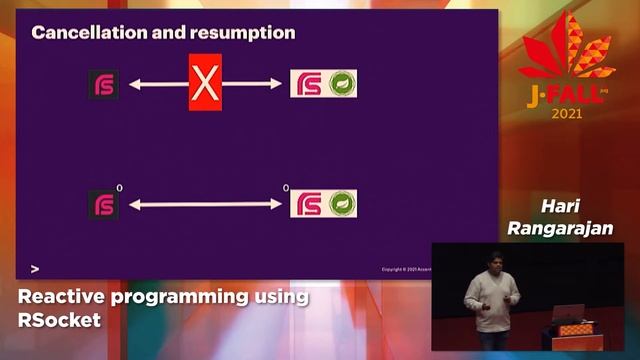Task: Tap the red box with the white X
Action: (x=205, y=84)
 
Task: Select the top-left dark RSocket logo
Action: (x=104, y=85)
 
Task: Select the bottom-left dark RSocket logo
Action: (x=104, y=204)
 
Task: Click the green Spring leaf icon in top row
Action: (x=343, y=84)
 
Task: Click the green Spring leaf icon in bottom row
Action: (x=343, y=204)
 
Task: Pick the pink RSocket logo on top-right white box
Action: (x=307, y=84)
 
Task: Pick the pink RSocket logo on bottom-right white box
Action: (x=307, y=204)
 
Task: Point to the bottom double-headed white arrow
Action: (x=205, y=204)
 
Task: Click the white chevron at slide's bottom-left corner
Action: (x=36, y=269)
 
